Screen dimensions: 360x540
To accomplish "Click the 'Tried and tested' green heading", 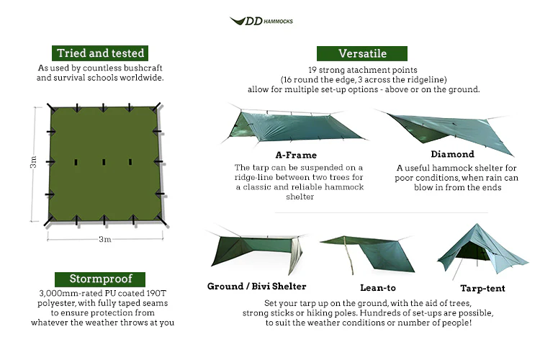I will coord(101,53).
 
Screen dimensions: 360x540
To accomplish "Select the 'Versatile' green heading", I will coord(362,53).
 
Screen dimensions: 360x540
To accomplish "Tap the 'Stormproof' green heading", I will coord(101,279).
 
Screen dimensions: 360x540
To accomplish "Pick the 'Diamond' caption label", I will coord(452,154).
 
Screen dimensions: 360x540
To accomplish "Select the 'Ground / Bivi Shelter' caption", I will coord(256,287).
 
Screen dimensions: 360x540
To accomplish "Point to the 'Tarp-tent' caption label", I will coord(482,287).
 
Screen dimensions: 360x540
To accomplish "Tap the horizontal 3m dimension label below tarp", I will coord(104,239).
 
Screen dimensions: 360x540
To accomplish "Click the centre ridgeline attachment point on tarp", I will coord(104,162).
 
